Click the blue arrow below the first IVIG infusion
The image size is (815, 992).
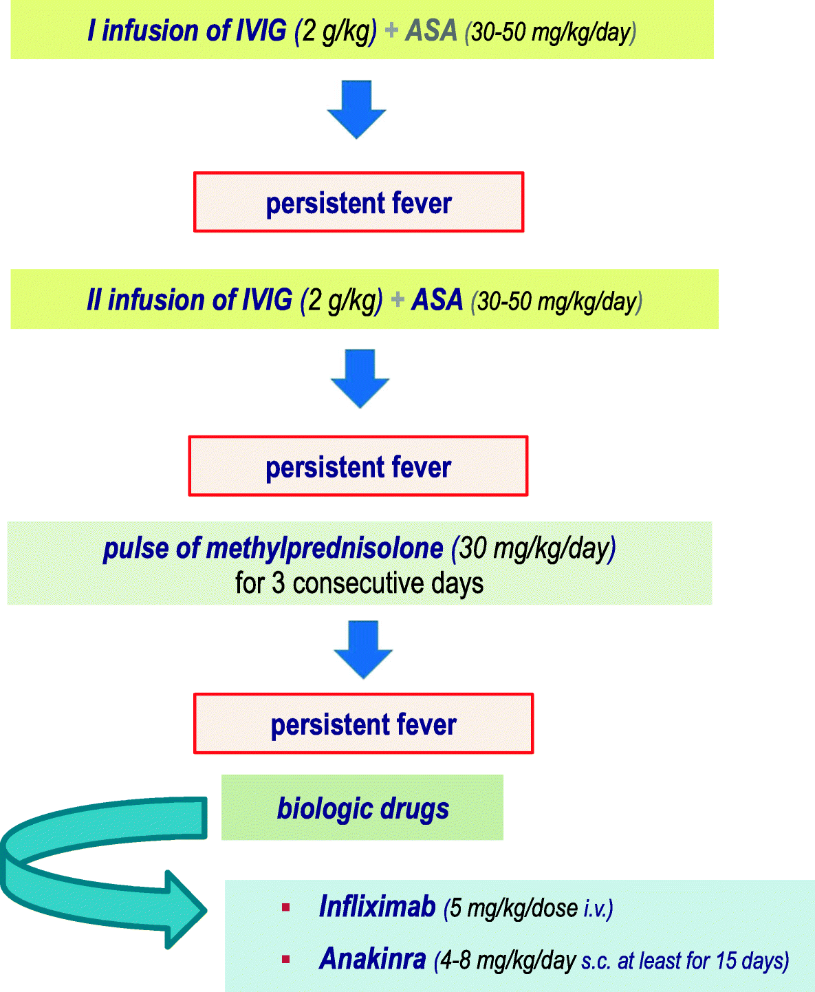tap(356, 109)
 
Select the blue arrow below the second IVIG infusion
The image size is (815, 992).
tap(360, 378)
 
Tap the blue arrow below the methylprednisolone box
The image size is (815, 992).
tap(362, 649)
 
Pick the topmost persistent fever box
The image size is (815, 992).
tap(358, 202)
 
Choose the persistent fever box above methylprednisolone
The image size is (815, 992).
tap(358, 466)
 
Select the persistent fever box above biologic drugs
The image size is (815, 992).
tap(363, 724)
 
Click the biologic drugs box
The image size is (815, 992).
tap(362, 808)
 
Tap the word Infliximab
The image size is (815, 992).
tap(377, 907)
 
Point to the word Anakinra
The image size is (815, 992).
tap(372, 959)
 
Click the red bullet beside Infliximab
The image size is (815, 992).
tap(285, 908)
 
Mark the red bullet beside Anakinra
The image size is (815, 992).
tap(285, 960)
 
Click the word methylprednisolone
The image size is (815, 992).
tap(324, 548)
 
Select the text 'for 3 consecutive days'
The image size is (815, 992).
tap(359, 583)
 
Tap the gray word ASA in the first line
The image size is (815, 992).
tap(431, 31)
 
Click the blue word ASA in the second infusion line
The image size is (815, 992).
tap(437, 301)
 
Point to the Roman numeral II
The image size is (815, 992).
tap(94, 301)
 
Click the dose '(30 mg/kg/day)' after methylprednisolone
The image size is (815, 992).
tap(533, 548)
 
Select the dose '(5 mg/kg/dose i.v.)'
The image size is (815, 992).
tap(528, 908)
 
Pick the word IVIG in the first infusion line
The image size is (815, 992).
tap(261, 31)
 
